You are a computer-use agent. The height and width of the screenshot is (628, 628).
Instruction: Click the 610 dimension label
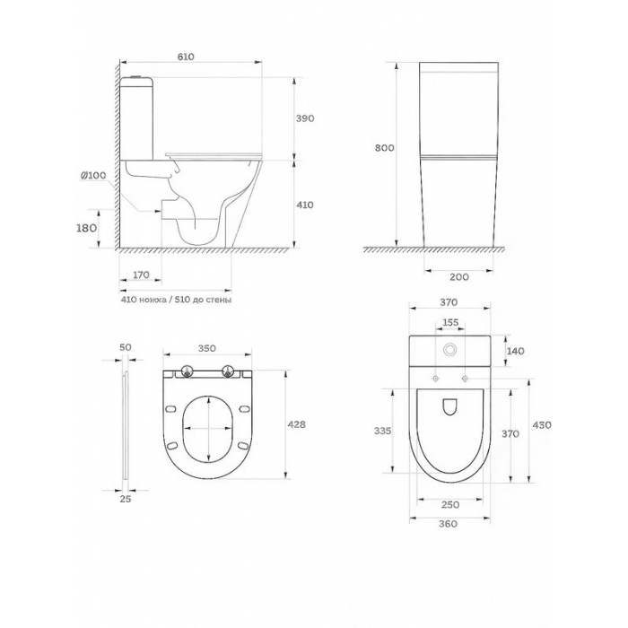click(186, 57)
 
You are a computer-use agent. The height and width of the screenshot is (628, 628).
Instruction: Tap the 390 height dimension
click(305, 118)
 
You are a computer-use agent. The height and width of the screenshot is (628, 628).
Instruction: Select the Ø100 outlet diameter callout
click(93, 176)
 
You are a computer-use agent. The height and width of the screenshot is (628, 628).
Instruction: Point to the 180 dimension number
click(86, 228)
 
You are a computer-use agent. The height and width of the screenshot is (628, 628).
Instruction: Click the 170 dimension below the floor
click(141, 275)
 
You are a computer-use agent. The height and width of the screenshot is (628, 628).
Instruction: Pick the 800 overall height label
click(385, 148)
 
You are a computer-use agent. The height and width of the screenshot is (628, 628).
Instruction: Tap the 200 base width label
click(459, 276)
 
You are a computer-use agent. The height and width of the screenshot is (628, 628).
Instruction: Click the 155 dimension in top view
click(450, 322)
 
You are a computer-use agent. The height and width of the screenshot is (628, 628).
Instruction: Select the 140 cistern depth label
click(516, 352)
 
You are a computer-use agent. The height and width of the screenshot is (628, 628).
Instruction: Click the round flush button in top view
click(450, 350)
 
